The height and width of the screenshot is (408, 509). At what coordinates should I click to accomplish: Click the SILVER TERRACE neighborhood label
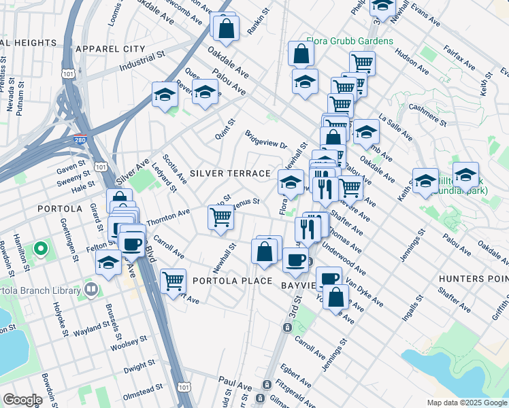(x=230, y=173)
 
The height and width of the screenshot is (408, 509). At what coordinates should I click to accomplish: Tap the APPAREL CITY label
(x=111, y=49)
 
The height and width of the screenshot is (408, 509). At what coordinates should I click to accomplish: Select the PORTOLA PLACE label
(x=232, y=281)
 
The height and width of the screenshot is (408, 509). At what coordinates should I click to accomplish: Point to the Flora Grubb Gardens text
(x=349, y=41)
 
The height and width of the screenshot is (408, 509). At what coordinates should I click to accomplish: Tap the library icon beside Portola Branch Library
(x=91, y=290)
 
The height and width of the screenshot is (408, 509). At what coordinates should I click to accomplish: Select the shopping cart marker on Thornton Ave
(x=220, y=218)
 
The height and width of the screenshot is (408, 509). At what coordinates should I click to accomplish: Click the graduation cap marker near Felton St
(x=108, y=262)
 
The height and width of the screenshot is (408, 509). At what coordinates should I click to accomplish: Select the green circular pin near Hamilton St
(x=40, y=249)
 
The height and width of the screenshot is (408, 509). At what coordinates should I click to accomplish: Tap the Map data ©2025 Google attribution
(x=466, y=403)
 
